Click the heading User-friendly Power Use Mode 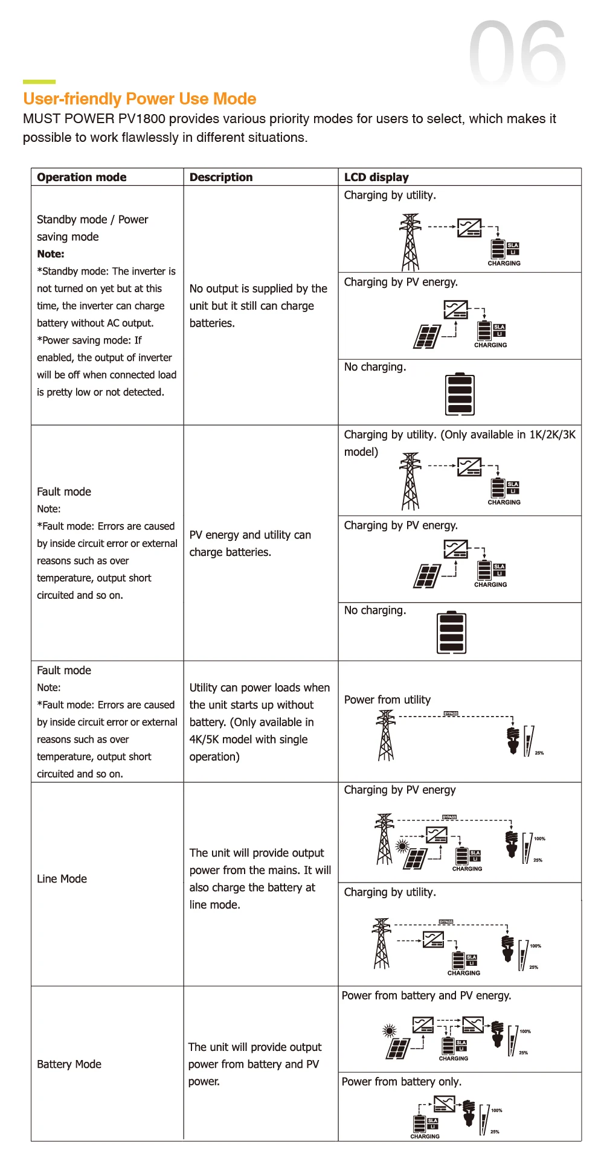pos(140,99)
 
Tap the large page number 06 pos(518,53)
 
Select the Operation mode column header pos(82,177)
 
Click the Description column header pos(221,177)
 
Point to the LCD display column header pos(376,177)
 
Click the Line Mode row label pos(62,879)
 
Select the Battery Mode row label pos(69,1064)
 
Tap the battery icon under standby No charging pos(460,394)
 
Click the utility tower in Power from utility pos(385,735)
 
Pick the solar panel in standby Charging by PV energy pos(426,337)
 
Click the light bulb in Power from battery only pos(469,1113)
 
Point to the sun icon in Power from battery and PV pos(390,1030)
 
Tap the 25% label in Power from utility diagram pos(539,753)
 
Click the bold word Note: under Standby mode pos(51,254)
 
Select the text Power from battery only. pos(402,1082)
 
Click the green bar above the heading pos(39,81)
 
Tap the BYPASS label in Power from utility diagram pos(451,714)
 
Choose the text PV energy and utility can pos(250,535)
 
